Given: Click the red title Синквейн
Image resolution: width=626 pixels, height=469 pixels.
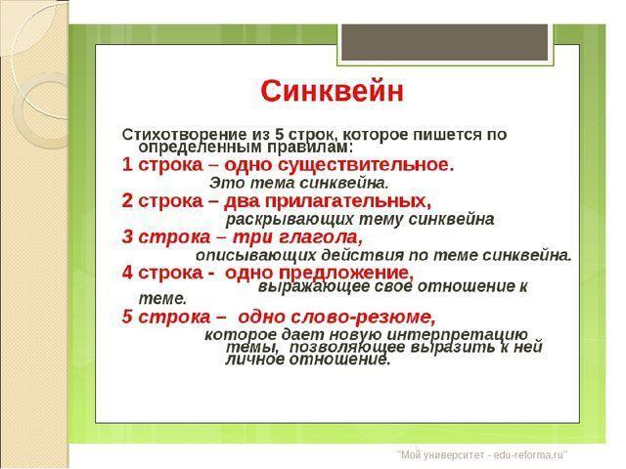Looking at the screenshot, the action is pos(332,91).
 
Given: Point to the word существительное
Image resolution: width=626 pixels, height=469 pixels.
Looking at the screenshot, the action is pos(366,165).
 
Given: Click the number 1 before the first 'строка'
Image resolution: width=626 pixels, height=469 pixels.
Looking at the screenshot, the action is pos(127,165).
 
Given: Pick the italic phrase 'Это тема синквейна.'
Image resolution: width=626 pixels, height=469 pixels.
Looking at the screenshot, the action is pos(298,183).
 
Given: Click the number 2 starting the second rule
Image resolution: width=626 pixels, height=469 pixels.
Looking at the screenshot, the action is pos(127,200).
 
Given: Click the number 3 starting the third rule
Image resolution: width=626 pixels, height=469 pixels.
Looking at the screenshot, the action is pos(127,236).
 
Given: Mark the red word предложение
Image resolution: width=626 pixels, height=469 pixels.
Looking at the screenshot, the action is pos(346,274).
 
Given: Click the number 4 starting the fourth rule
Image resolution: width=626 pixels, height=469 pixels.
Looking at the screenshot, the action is pos(127,273).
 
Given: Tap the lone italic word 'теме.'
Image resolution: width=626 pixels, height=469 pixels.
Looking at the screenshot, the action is pos(162,298).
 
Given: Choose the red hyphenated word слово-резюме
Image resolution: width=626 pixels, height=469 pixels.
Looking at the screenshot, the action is pos(336,317).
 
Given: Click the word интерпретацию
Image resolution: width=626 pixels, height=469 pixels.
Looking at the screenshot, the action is pos(458,334).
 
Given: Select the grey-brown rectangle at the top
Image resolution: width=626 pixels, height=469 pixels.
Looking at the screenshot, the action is pos(445,41).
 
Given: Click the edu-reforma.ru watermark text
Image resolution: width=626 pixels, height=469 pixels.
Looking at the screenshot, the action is pos(482,454).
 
